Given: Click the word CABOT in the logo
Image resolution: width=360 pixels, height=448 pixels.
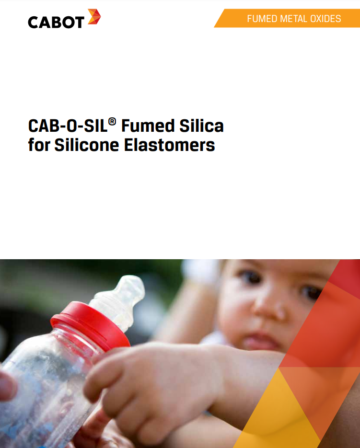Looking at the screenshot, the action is (56, 23).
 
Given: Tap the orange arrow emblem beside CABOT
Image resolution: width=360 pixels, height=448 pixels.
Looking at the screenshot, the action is (94, 17).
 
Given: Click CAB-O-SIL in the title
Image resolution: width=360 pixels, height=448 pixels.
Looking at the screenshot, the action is (68, 126).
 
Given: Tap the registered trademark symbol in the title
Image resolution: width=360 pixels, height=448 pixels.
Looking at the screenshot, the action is (112, 122).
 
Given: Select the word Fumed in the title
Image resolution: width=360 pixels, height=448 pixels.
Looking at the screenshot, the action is (148, 126).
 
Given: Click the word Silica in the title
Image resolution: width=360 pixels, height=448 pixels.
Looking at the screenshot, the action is (202, 126).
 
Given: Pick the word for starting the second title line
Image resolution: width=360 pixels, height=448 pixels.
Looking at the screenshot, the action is (39, 145).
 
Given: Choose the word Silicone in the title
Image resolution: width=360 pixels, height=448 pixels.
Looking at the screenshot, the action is (87, 145).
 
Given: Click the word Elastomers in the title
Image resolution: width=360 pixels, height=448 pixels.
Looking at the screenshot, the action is (169, 145).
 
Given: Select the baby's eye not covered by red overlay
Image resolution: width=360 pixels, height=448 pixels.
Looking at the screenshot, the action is (250, 276).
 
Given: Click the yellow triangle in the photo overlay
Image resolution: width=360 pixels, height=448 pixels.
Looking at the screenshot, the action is (277, 414).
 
